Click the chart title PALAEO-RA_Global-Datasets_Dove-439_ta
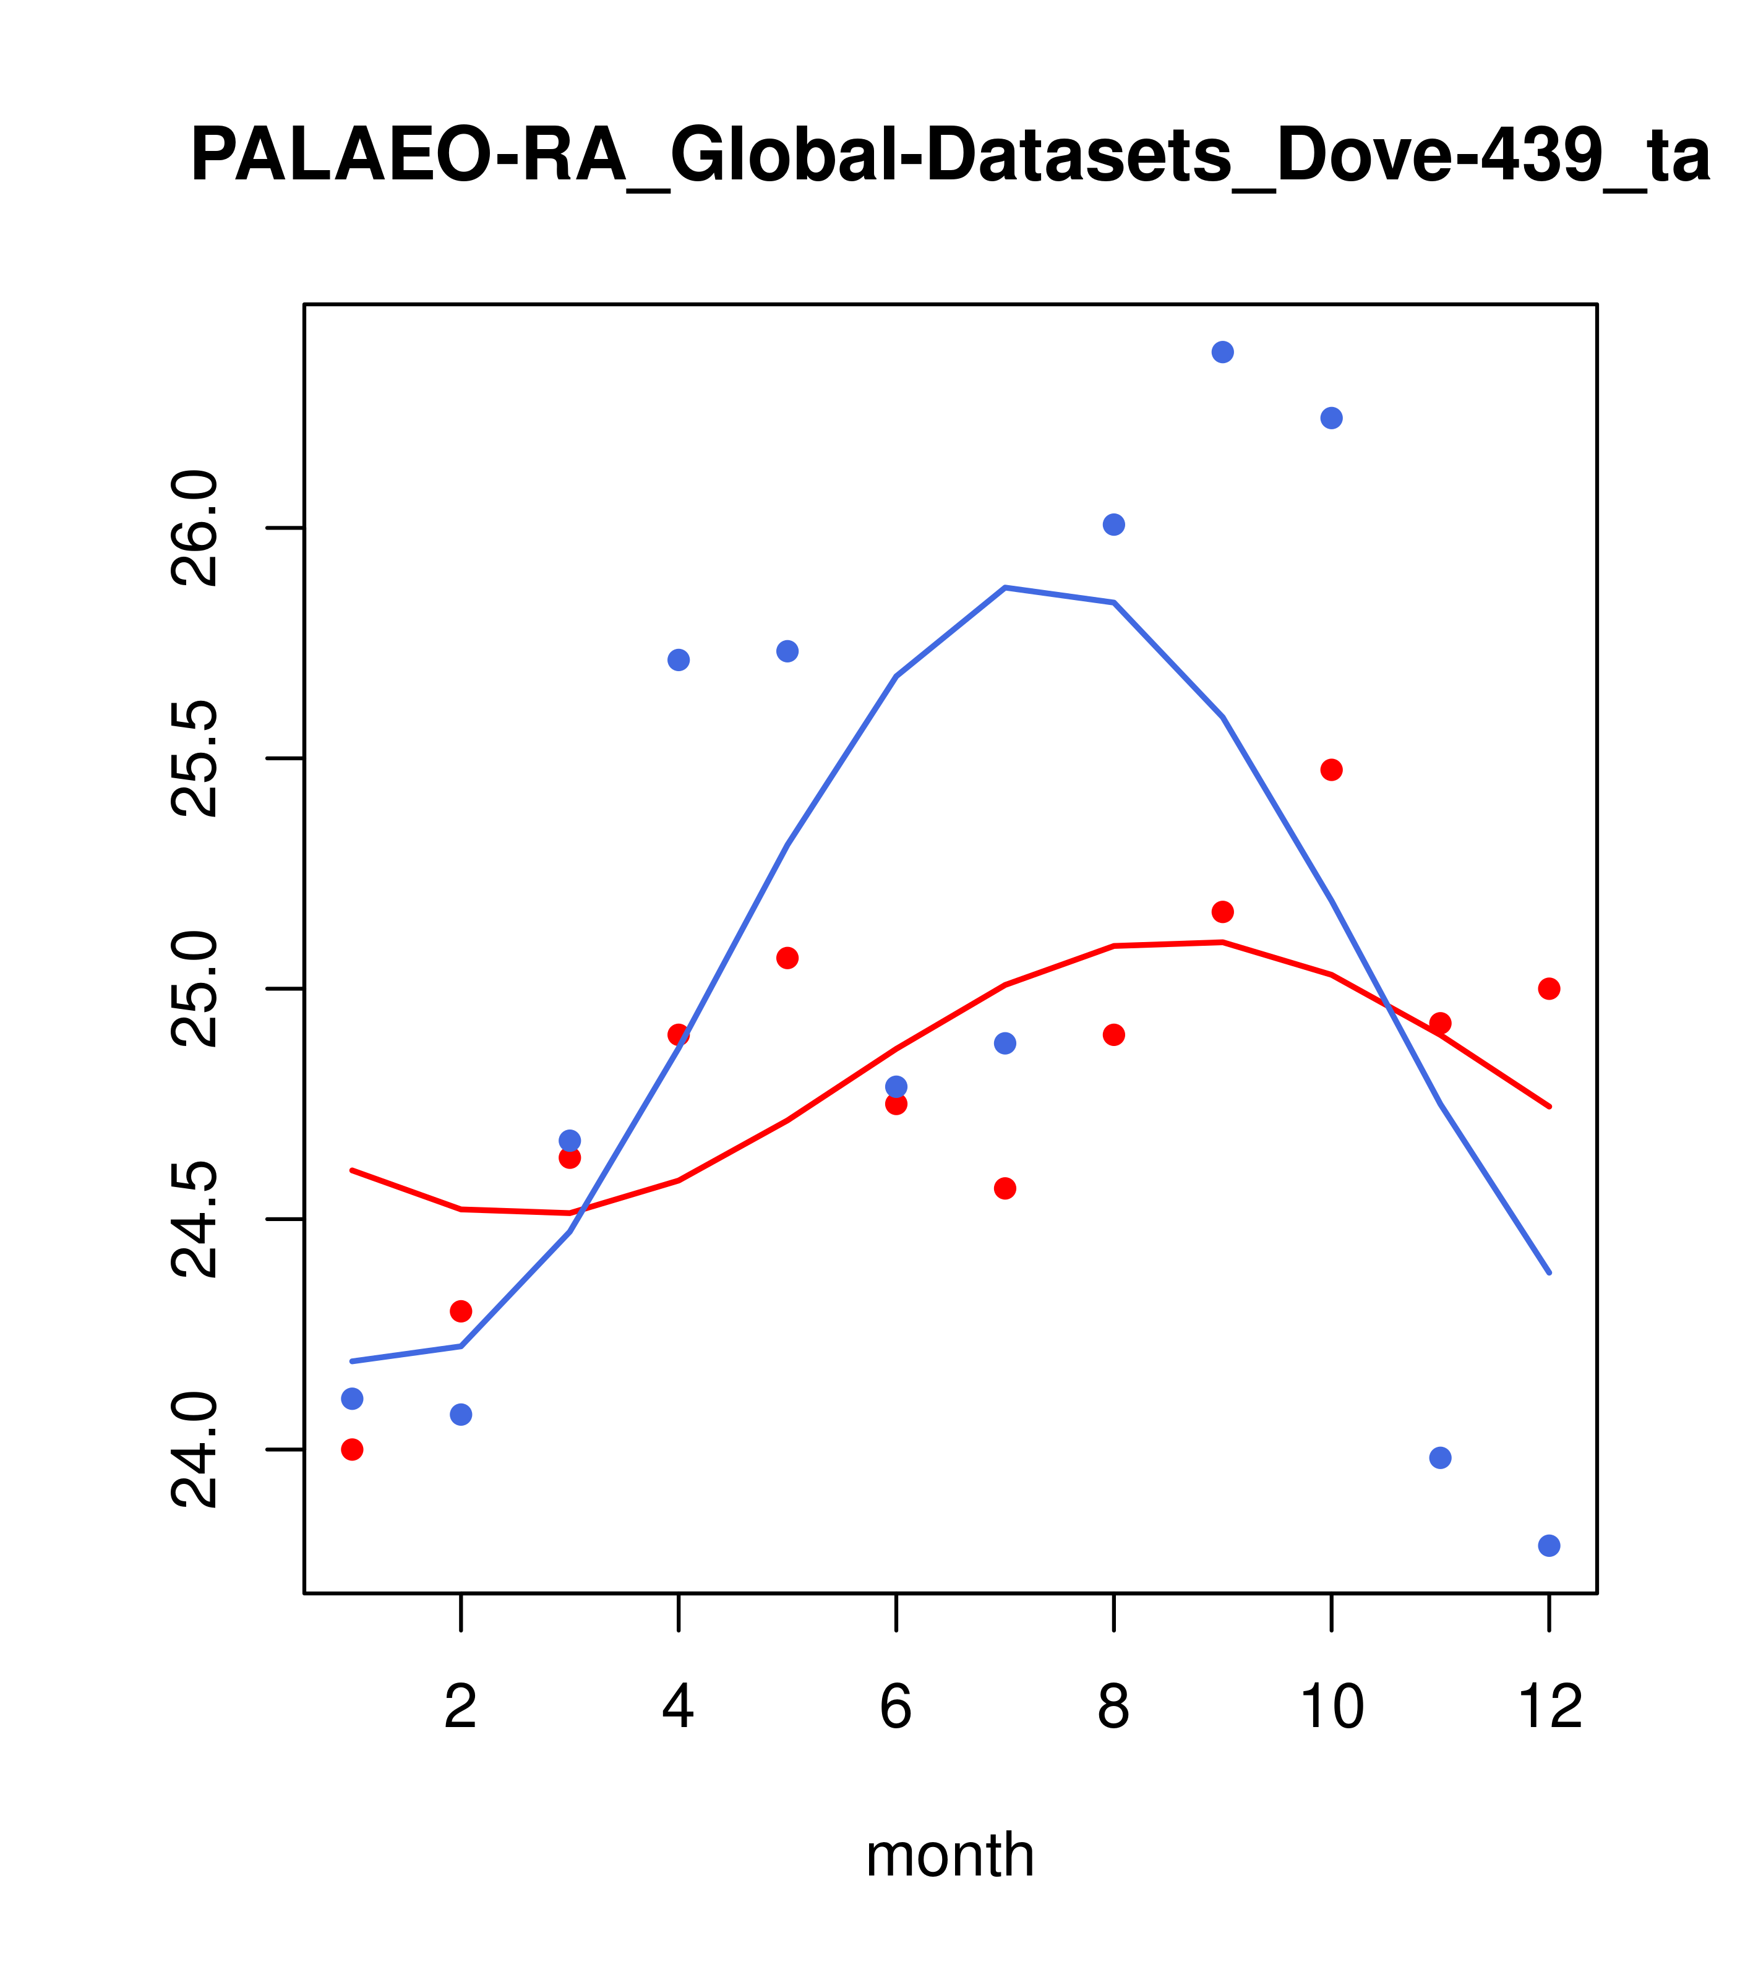pyautogui.click(x=950, y=156)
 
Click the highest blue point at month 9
pyautogui.click(x=1222, y=352)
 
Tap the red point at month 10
pyautogui.click(x=1331, y=770)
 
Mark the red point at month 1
pyautogui.click(x=352, y=1449)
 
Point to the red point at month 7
pyautogui.click(x=1005, y=1189)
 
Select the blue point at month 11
pyautogui.click(x=1441, y=1458)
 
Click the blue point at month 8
pyautogui.click(x=1114, y=525)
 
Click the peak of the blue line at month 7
pyautogui.click(x=1005, y=588)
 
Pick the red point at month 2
pyautogui.click(x=461, y=1311)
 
